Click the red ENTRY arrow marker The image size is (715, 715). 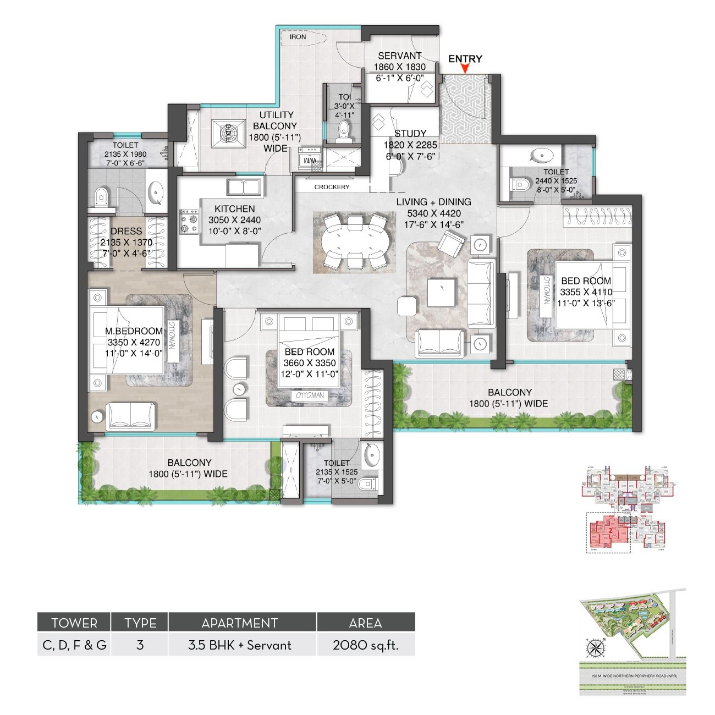(465, 69)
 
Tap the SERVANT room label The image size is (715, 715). (400, 56)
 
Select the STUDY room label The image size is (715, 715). (410, 133)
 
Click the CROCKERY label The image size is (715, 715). (332, 187)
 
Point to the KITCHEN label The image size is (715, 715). (234, 209)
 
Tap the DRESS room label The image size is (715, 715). (126, 232)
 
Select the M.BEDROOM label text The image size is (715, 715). (134, 331)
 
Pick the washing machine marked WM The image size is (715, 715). (309, 160)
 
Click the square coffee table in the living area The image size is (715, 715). (442, 293)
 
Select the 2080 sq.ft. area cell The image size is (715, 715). (365, 645)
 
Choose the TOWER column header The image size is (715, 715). (74, 623)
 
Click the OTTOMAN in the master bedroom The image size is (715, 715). (172, 335)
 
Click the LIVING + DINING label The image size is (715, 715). (433, 202)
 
